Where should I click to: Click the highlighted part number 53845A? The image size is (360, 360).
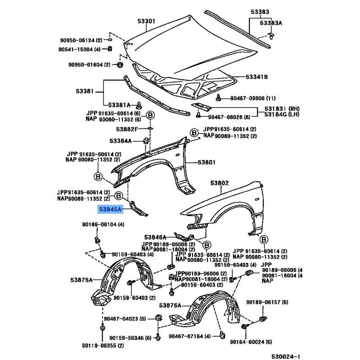[x=110, y=209]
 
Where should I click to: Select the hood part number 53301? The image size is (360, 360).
[x=146, y=21]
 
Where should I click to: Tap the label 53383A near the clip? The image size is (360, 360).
[x=271, y=23]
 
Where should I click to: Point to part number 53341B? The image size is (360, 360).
[x=256, y=77]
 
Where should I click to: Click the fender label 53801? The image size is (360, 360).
[x=207, y=162]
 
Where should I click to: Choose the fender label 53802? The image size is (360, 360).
[x=220, y=183]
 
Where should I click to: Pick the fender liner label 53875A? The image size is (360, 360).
[x=81, y=280]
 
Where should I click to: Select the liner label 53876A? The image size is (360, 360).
[x=170, y=306]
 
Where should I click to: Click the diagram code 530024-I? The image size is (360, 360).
[x=286, y=356]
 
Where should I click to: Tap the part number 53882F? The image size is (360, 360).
[x=127, y=129]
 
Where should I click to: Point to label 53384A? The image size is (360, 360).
[x=121, y=141]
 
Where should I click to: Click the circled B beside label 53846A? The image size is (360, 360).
[x=207, y=245]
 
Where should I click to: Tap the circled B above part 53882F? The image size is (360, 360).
[x=150, y=115]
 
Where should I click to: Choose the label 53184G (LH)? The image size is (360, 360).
[x=282, y=114]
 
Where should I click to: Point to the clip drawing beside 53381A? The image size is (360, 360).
[x=139, y=105]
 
